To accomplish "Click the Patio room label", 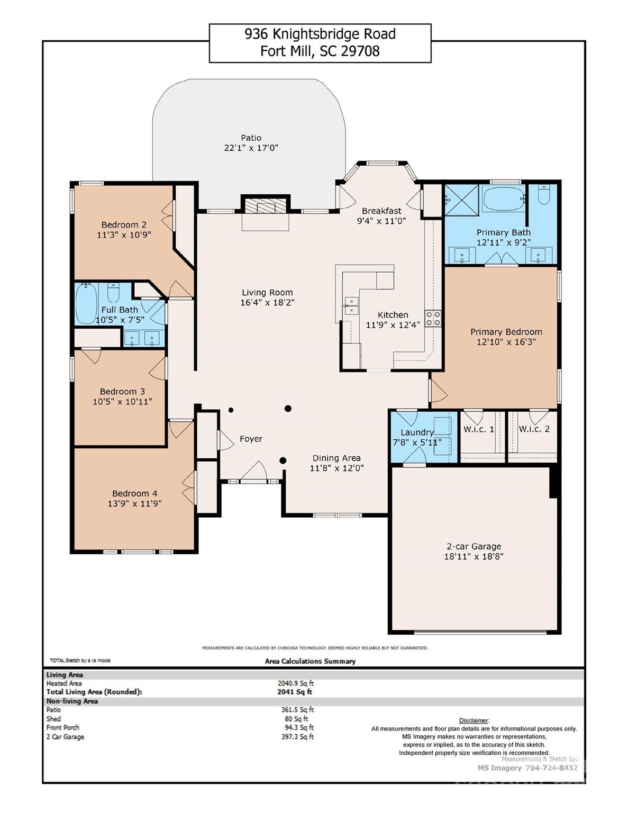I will point(251,138).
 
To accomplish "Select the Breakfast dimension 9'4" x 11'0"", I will point(381,221).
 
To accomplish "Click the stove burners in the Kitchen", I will point(433,318).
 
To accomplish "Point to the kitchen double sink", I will point(350,303).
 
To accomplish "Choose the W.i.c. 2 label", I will point(534,429).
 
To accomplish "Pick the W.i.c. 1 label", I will point(478,429).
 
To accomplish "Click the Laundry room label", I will point(417,432).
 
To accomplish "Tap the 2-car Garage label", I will point(474,546).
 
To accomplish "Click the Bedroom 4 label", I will point(134,493).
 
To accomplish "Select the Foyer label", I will point(251,439).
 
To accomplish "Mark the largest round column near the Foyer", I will point(288,408).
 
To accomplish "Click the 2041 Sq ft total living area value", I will point(295,692).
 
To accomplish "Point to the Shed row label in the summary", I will point(53,719).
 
